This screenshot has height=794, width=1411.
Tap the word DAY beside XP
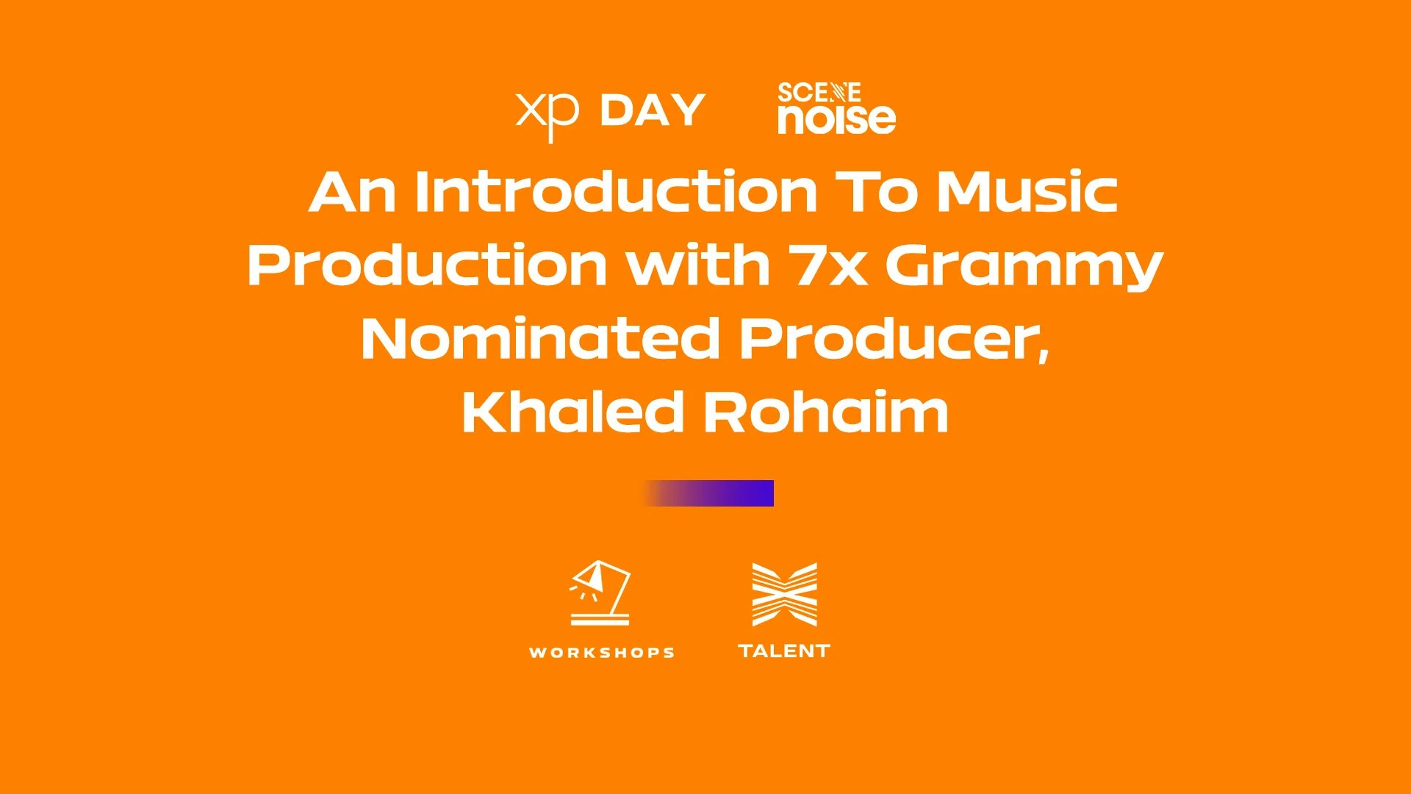coord(653,110)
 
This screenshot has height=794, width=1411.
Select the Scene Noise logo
coord(836,108)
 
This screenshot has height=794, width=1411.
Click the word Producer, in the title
coord(894,340)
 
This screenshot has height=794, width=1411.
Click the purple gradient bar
coord(708,493)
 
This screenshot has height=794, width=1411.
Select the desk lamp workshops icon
coord(600,593)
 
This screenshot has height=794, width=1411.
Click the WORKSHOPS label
coord(602,653)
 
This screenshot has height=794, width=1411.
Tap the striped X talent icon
coord(784,594)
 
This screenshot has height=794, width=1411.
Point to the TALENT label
coord(784,651)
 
